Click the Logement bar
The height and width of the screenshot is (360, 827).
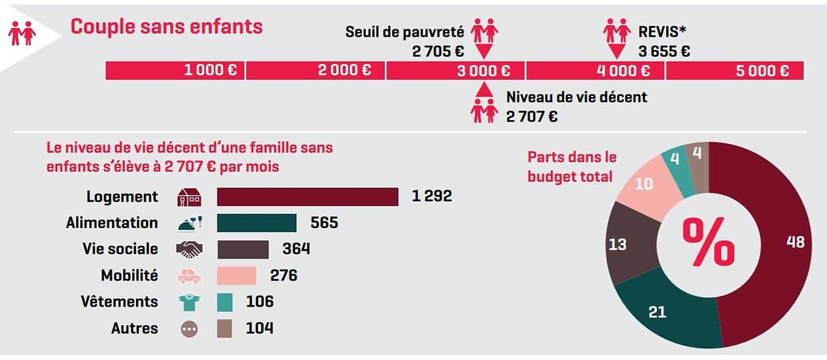307,197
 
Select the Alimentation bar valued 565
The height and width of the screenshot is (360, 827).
257,223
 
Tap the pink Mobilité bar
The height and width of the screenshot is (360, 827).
237,275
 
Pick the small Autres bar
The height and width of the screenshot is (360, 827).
224,328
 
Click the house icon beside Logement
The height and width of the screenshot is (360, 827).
188,197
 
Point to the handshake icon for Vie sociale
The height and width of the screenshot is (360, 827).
188,249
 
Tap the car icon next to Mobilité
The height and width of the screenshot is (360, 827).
188,276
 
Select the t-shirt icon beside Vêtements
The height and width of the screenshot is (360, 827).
188,302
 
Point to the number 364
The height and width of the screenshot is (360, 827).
296,249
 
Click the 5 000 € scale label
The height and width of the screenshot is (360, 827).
762,71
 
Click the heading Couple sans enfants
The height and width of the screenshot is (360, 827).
167,27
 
